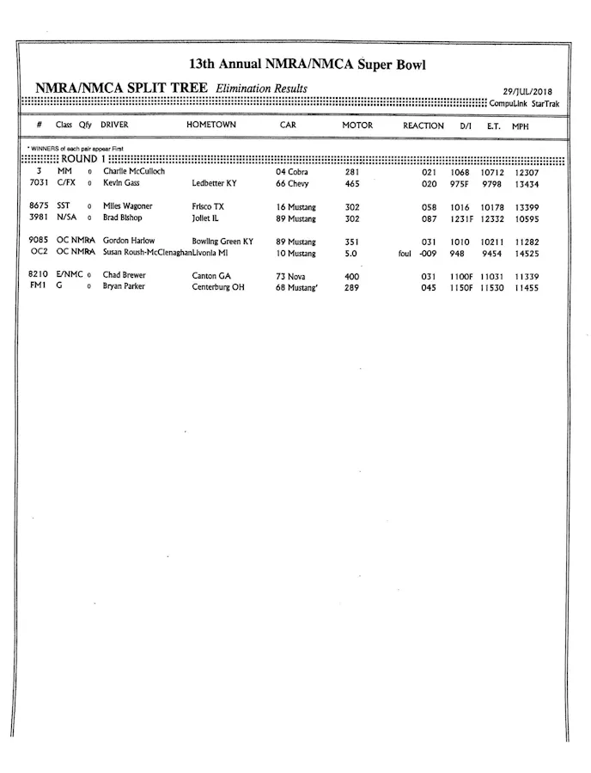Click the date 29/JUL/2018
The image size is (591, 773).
coord(527,92)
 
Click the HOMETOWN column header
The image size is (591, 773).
coord(210,126)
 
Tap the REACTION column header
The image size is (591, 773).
coord(423,126)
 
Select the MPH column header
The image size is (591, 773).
coord(521,126)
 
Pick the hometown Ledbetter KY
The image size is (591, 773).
coord(214,184)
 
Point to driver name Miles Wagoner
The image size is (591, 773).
coord(128,207)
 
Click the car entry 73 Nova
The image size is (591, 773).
coord(291,276)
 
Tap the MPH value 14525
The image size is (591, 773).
coord(527,255)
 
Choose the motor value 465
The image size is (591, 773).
coord(351,184)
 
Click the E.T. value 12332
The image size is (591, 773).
coord(492,219)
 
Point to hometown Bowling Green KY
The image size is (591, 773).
coord(222,242)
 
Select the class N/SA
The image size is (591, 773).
coord(67,218)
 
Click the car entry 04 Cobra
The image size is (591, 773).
coord(292,172)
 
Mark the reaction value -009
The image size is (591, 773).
coord(427,255)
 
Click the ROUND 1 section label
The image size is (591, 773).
coord(79,159)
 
